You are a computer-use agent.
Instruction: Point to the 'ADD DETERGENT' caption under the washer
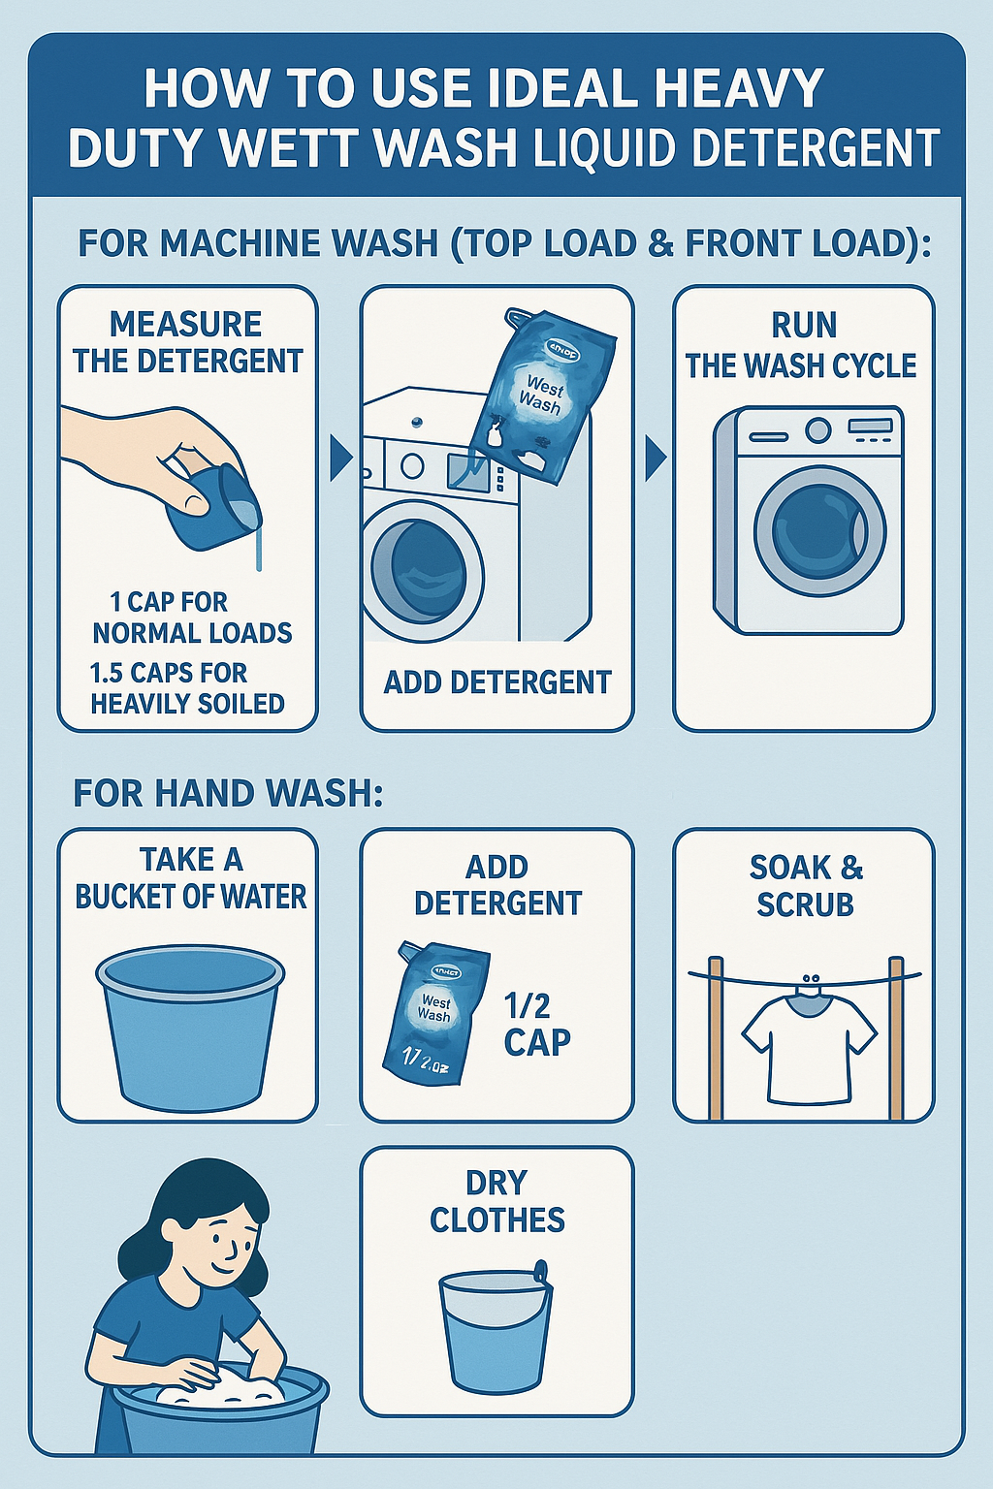click(x=496, y=682)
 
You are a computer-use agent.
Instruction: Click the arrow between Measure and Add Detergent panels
click(x=340, y=458)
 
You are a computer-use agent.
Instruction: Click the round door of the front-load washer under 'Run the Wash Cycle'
click(x=819, y=531)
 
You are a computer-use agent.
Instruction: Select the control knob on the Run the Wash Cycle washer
click(x=817, y=429)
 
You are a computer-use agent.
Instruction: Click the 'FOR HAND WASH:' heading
click(x=228, y=794)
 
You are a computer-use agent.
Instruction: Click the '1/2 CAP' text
click(x=536, y=1024)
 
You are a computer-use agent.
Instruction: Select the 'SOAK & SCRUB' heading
click(x=804, y=885)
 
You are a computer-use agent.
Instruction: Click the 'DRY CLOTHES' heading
click(x=496, y=1201)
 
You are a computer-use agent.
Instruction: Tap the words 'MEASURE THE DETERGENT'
click(x=187, y=342)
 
